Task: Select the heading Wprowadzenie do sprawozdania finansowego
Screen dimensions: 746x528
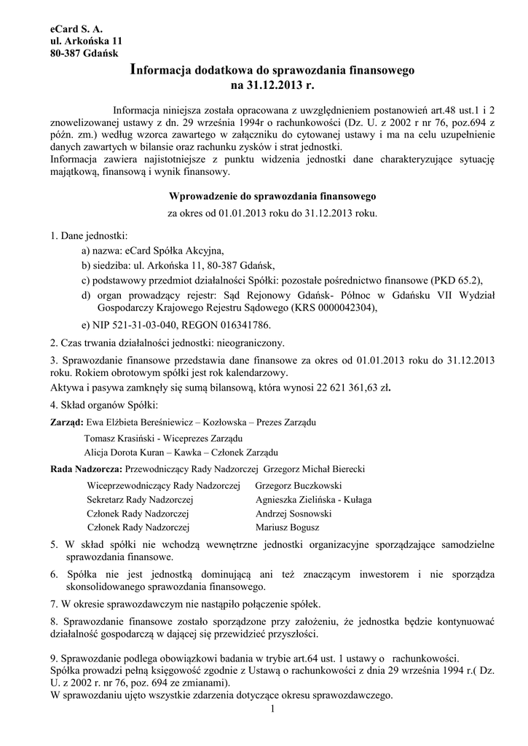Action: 272,197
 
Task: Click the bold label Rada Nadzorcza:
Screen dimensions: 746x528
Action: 87,470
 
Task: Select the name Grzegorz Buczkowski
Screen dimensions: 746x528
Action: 299,485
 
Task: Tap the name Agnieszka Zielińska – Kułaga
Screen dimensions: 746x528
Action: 313,500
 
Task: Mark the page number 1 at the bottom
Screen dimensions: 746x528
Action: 270,709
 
